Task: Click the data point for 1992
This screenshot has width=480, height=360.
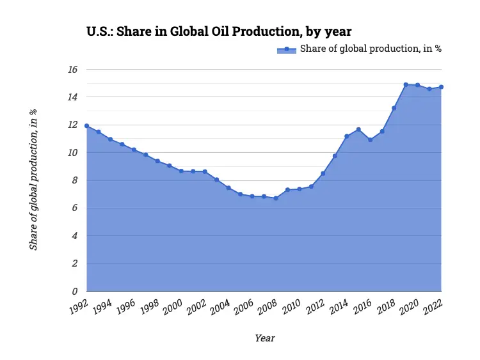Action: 86,126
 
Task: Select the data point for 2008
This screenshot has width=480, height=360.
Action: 276,198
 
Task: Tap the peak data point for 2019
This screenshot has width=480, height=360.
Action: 406,84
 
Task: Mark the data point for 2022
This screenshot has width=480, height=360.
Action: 442,87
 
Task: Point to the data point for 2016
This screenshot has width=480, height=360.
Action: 371,140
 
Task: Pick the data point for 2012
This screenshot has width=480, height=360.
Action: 323,173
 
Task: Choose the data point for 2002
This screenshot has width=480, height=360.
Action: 205,171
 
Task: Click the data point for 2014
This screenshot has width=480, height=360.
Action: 347,136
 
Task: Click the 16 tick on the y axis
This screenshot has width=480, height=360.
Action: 73,69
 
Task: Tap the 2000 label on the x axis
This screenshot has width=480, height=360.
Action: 173,308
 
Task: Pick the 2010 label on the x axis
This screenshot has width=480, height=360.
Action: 291,308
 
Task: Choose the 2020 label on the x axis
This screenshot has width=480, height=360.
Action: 410,308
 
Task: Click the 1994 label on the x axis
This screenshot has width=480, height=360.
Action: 102,308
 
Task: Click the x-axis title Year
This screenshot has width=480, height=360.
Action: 264,338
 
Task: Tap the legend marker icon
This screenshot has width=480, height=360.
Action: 287,49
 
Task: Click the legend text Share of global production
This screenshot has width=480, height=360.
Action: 371,49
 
